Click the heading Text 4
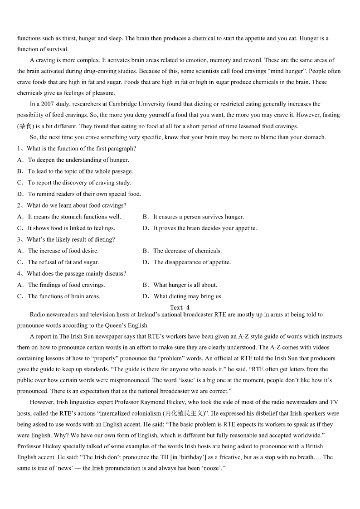click(x=180, y=307)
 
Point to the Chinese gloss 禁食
click(x=26, y=126)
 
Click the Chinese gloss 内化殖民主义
click(x=182, y=413)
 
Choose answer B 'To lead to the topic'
click(x=80, y=171)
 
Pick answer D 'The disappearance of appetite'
click(x=192, y=262)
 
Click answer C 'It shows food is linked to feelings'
click(x=71, y=228)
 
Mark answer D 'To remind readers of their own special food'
click(x=84, y=194)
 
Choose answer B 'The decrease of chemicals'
click(x=187, y=251)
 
